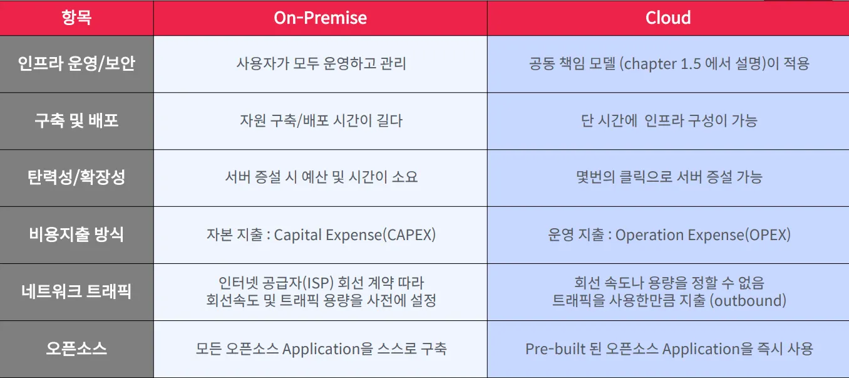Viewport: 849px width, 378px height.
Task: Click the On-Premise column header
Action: point(321,18)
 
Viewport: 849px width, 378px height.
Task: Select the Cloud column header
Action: point(668,18)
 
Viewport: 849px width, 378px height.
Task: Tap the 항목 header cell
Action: point(76,18)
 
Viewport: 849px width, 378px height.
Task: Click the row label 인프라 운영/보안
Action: point(76,63)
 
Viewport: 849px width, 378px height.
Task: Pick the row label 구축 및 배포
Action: point(76,121)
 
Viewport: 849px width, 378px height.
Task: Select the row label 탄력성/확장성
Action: point(76,177)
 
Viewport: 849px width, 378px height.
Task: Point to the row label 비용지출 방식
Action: point(76,234)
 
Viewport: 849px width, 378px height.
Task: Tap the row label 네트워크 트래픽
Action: point(76,291)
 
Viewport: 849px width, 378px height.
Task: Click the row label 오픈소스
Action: point(76,349)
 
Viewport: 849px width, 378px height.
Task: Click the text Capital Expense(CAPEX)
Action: point(355,235)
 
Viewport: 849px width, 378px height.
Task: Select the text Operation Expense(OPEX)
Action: point(702,235)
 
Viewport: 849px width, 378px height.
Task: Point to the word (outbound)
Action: point(748,300)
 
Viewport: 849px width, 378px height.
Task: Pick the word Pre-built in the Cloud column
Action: point(555,349)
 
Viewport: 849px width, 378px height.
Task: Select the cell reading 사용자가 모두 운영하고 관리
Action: point(321,63)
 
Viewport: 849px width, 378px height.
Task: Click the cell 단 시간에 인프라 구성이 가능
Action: point(669,121)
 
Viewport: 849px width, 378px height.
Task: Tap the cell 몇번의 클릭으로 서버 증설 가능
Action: point(669,177)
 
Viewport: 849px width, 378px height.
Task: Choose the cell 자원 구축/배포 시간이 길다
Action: point(321,121)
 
